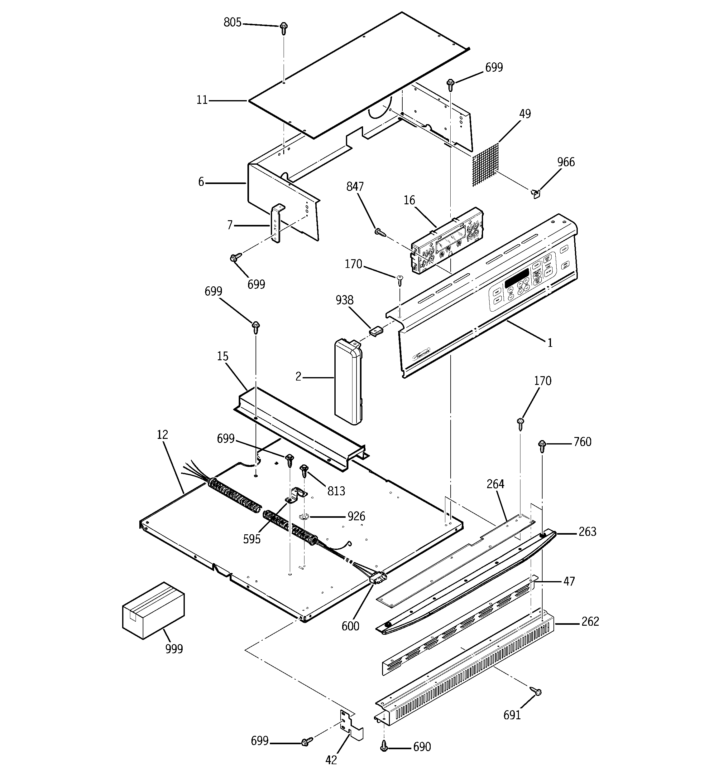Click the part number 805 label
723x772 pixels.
click(232, 23)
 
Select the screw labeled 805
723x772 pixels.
click(284, 28)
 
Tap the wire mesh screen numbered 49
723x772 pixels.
click(486, 165)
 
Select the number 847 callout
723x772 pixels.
click(355, 187)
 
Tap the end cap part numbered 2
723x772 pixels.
click(348, 381)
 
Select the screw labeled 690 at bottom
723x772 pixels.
click(384, 745)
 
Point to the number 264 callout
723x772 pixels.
click(495, 484)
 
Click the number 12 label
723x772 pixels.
click(162, 435)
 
